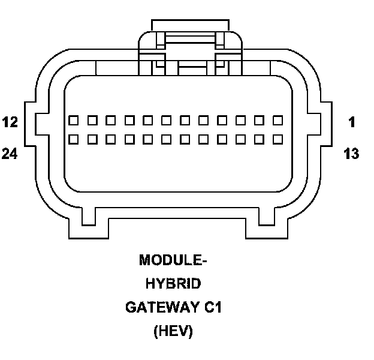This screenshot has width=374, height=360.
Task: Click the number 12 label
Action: (x=10, y=122)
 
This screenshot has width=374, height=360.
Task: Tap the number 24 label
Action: (x=10, y=154)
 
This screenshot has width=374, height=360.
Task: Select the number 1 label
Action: (x=352, y=122)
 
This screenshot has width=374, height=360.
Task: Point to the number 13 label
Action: (x=352, y=154)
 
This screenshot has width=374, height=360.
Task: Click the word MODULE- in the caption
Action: (x=173, y=260)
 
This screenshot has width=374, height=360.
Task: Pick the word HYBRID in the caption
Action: (x=173, y=284)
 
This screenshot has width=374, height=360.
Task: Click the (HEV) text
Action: (x=173, y=331)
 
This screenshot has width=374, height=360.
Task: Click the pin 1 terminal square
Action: (x=278, y=121)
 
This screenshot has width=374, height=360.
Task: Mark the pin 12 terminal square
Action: (x=73, y=121)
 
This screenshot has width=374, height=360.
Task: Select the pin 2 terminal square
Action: (x=259, y=121)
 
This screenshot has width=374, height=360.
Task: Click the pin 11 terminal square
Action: (x=92, y=121)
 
